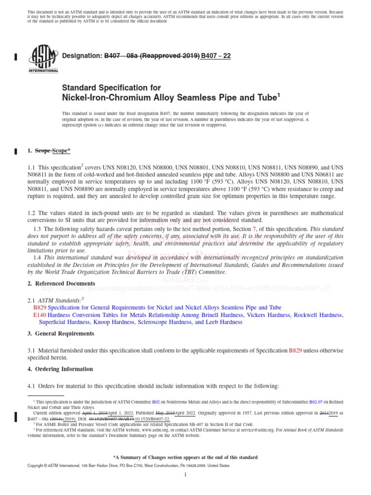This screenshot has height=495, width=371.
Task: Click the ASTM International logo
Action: (44, 58)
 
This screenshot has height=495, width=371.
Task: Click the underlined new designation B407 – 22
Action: (216, 56)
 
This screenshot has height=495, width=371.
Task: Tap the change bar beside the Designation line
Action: (15, 57)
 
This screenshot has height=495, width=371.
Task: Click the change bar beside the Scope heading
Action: (15, 151)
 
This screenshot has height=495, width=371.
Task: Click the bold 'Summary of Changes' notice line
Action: (185, 457)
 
